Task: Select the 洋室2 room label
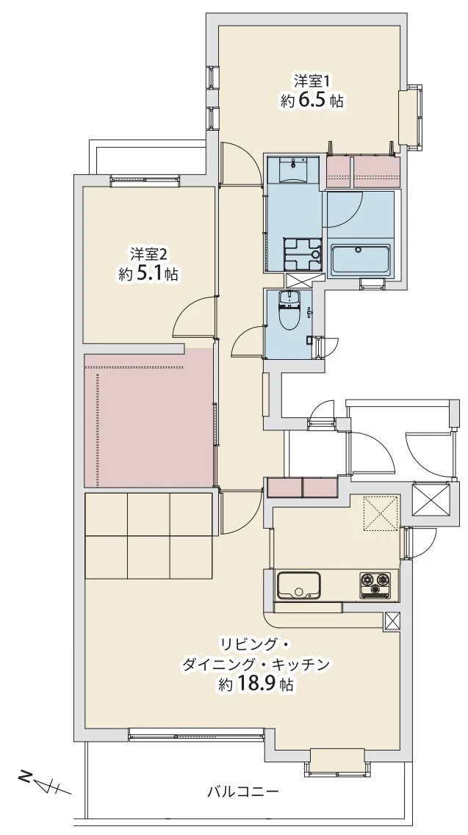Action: point(148,254)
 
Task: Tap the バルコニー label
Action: point(243,792)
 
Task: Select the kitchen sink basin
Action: point(298,585)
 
